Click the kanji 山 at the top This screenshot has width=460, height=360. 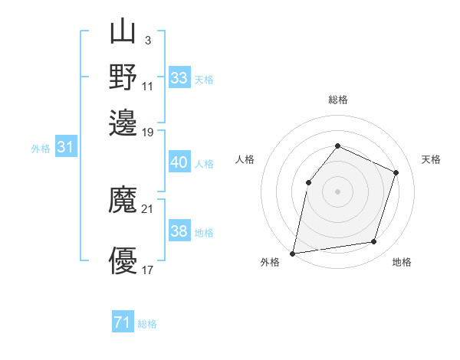coord(123,32)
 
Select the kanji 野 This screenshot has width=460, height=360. coord(123,77)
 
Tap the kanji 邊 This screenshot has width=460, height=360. coord(123,123)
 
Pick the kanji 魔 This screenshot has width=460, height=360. coord(123,201)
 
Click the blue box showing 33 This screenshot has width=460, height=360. coord(179,78)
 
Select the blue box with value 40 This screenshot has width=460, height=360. coord(179,162)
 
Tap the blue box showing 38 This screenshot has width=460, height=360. coord(179,231)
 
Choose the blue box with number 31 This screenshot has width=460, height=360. coord(64,148)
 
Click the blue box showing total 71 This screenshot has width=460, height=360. coord(123,322)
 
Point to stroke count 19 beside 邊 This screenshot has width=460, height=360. coord(148,133)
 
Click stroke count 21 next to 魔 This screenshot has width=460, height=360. coord(148,209)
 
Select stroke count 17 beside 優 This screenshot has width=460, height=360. coord(148,270)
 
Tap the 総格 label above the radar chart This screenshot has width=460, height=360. coord(337,100)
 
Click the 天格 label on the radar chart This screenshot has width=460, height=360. coord(431,159)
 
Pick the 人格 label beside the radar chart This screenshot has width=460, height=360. coord(245,159)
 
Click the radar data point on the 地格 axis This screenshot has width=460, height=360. coord(374,242)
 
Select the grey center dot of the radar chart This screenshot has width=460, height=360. coord(337,191)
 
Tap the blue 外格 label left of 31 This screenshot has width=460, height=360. coord(41,149)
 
